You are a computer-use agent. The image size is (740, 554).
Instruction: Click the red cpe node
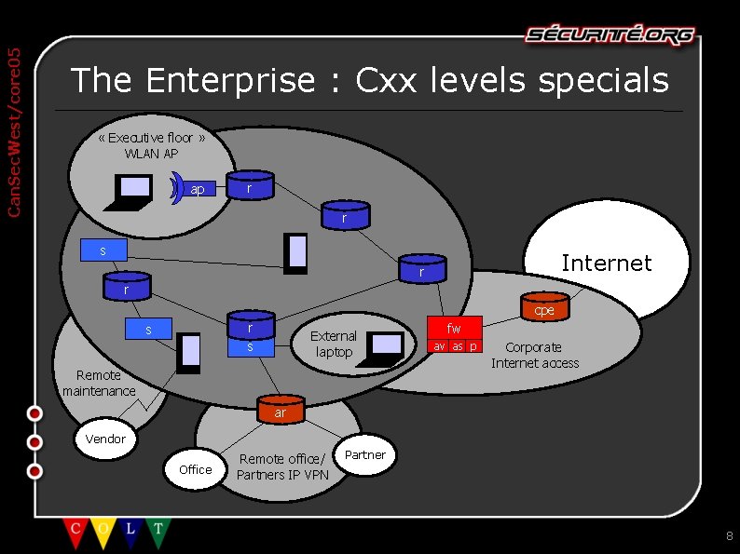[x=544, y=308]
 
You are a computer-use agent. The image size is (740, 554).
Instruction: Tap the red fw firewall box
[x=454, y=328]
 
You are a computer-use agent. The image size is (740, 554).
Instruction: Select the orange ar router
[x=280, y=411]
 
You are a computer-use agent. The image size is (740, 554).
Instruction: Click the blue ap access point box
[x=198, y=189]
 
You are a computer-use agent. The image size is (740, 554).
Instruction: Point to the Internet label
[x=606, y=263]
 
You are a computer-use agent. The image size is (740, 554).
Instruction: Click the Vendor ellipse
[x=105, y=439]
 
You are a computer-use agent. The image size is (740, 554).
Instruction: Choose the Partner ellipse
[x=364, y=455]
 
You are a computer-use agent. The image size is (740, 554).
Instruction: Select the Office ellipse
[x=195, y=469]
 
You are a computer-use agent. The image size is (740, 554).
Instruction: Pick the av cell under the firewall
[x=439, y=346]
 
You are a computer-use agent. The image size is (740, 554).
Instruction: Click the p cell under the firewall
[x=473, y=346]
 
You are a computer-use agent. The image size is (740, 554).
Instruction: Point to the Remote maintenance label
[x=99, y=383]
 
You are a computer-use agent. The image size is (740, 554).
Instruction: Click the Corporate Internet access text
[x=535, y=355]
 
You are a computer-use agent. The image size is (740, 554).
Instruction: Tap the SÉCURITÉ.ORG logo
[x=610, y=35]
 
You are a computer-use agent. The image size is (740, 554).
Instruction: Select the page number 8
[x=729, y=535]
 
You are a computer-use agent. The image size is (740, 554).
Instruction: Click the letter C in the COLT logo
[x=75, y=529]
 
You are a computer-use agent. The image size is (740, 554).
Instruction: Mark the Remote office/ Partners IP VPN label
[x=281, y=466]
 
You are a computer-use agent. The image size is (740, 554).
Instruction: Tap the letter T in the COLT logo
[x=158, y=529]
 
